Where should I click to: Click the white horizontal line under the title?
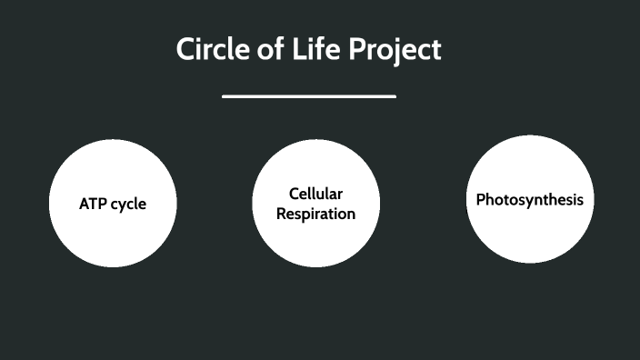(309, 95)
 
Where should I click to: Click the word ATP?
(93, 204)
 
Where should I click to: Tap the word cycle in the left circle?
(128, 205)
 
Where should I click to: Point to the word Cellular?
(315, 194)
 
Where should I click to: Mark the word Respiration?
(316, 215)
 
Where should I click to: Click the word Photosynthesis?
(530, 199)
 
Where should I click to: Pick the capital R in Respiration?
(283, 214)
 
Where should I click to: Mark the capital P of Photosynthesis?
(481, 199)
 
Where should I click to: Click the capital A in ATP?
(84, 204)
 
